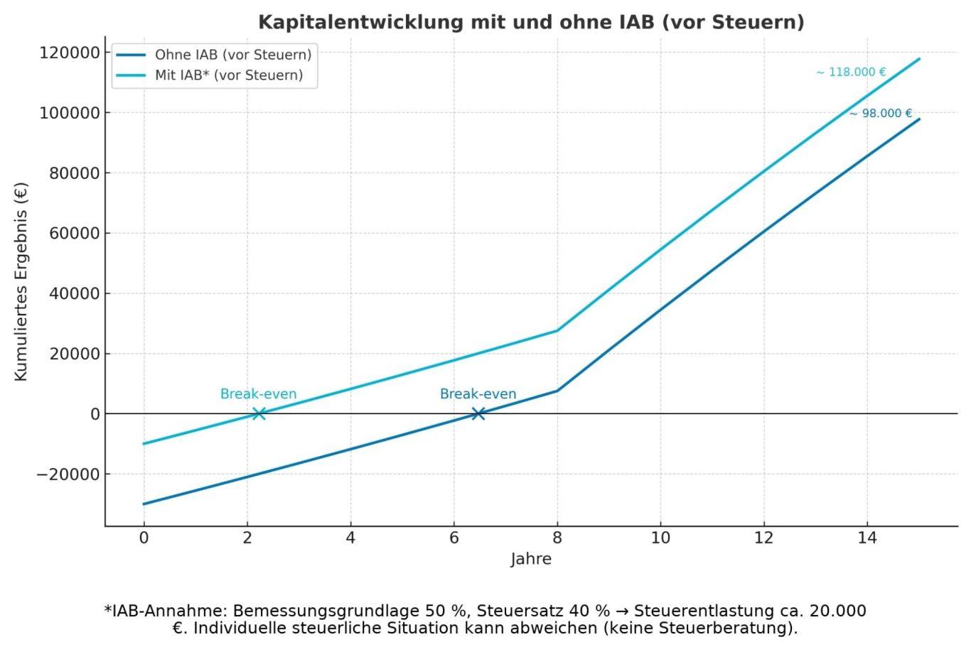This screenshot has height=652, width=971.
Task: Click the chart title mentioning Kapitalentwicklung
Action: (x=531, y=22)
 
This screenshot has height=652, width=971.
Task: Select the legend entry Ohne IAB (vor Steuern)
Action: (x=232, y=55)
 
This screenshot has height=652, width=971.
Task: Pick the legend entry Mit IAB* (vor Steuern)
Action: (x=228, y=75)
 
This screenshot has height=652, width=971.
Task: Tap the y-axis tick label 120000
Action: (x=70, y=53)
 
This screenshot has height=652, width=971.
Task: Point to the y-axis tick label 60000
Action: (x=74, y=234)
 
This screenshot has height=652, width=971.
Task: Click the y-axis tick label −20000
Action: (x=68, y=474)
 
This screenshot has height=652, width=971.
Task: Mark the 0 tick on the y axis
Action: (x=95, y=414)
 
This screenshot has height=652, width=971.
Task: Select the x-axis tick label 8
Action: (x=557, y=538)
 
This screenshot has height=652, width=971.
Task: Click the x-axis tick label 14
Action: (x=867, y=538)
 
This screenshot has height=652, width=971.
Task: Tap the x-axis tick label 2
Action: (x=247, y=538)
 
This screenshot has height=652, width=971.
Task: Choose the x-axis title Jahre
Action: (x=531, y=559)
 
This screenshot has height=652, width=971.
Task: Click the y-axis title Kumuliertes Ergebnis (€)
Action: (x=21, y=282)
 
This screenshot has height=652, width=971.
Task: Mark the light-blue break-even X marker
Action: (x=259, y=413)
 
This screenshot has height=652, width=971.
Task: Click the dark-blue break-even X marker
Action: (x=478, y=413)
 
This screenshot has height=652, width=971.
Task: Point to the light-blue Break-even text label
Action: (x=258, y=394)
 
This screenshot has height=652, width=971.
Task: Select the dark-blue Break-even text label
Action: (x=478, y=394)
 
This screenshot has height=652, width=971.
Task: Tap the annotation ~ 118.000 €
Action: (x=851, y=72)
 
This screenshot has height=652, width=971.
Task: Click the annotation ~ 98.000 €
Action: (x=881, y=114)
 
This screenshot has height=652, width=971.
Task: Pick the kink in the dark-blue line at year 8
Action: (x=557, y=391)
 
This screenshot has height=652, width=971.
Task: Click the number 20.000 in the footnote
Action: (x=838, y=611)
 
